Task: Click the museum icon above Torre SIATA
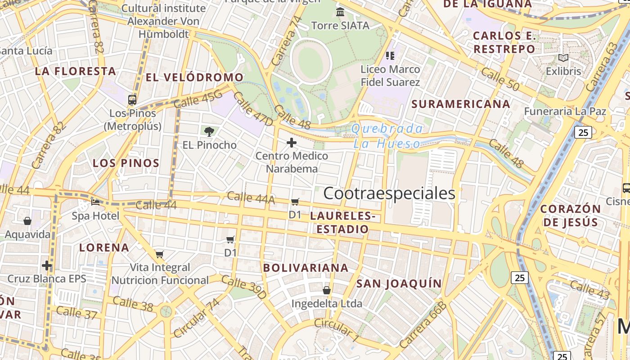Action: coord(340,12)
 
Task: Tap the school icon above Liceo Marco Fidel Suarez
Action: coord(390,56)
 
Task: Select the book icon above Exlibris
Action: coord(563,58)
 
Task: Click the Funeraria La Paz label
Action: coord(565,111)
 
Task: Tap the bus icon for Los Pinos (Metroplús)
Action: coord(132,100)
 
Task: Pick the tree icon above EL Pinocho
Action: coord(209,131)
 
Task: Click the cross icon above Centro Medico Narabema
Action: coord(292,143)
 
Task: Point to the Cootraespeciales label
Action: coord(389,193)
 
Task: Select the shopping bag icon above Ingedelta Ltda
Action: coord(327,290)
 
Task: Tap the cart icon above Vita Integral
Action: coord(159,254)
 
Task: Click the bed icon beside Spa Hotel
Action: coord(95,202)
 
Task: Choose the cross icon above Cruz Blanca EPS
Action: coord(46,265)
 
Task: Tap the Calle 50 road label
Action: coord(499,79)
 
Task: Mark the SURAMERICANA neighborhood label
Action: coord(461,104)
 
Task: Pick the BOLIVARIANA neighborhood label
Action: coord(306,268)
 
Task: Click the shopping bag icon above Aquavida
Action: coord(27,221)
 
